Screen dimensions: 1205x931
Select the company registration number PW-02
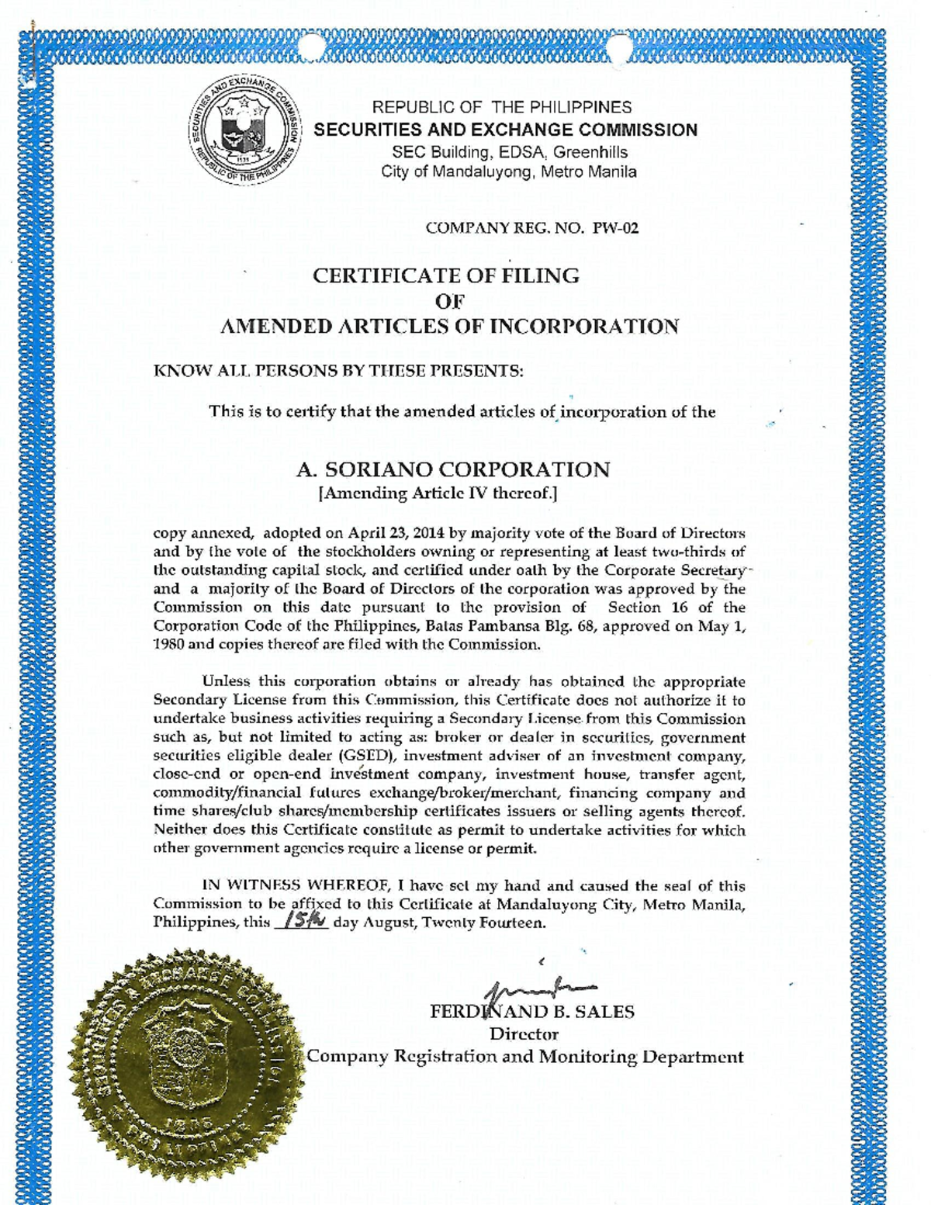(616, 228)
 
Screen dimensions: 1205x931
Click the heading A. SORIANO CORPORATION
(453, 469)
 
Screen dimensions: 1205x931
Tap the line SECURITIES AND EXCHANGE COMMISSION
(505, 130)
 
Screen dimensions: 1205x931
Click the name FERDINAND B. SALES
(532, 1012)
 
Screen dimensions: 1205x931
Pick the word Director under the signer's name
(524, 1034)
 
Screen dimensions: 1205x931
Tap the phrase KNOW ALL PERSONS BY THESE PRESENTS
(339, 371)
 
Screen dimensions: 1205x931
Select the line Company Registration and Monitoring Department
(525, 1057)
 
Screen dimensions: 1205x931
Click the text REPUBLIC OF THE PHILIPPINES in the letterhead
(502, 107)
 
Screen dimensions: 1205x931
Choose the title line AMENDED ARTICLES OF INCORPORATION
(449, 327)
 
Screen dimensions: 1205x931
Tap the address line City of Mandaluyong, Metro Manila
(509, 171)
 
